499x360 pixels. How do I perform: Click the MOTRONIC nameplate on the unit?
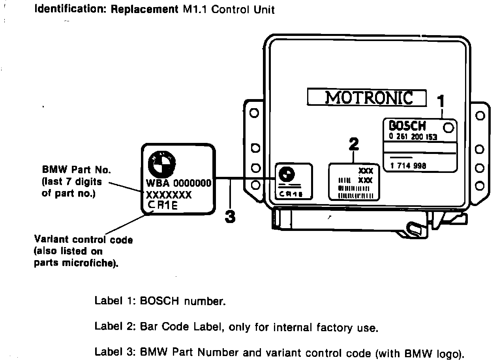[367, 97]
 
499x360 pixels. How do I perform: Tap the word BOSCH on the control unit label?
[407, 126]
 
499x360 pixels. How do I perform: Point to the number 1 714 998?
[408, 166]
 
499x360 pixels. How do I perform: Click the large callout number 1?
[441, 102]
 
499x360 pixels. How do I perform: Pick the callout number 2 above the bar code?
[354, 144]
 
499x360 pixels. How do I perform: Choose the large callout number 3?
[230, 216]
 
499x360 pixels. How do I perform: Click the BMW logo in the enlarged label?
[161, 165]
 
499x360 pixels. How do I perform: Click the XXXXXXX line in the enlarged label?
[169, 195]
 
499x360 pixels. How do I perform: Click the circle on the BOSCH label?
[449, 127]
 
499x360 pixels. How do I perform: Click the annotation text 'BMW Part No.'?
[77, 170]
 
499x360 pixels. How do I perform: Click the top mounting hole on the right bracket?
[480, 116]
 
